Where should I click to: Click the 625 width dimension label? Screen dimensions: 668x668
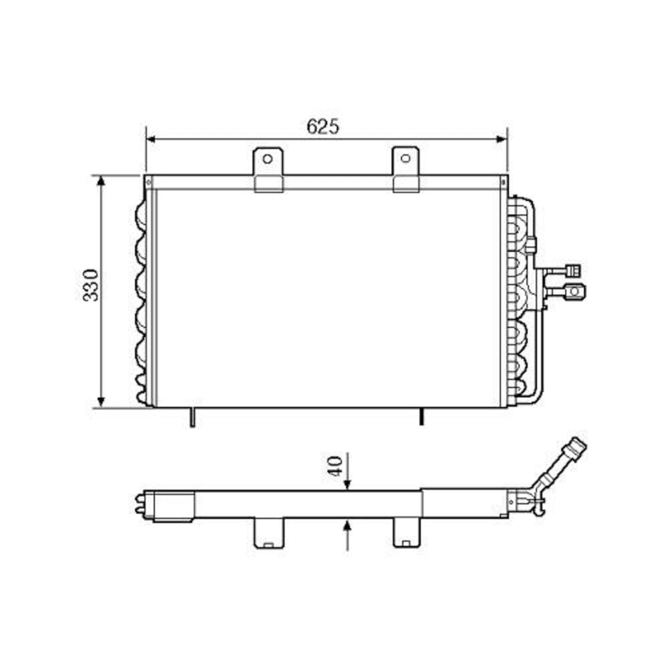coord(323,126)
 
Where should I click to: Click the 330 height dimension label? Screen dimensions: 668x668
coord(91,285)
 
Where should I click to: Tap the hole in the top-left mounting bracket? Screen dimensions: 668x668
coord(267,159)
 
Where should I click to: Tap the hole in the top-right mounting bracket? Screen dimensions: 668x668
coord(405,158)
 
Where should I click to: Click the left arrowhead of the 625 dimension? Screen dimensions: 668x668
coord(150,139)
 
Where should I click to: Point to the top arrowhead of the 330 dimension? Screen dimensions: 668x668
coord(101,181)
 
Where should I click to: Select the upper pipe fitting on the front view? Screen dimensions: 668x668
coord(572,270)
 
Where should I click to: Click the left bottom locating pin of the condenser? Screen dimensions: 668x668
coord(192,417)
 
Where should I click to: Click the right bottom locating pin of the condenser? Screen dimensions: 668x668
coord(421,417)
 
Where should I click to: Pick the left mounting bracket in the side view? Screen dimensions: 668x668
coord(269,533)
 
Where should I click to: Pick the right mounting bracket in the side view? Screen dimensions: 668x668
coord(406,533)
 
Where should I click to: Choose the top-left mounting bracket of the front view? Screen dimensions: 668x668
coord(268,170)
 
